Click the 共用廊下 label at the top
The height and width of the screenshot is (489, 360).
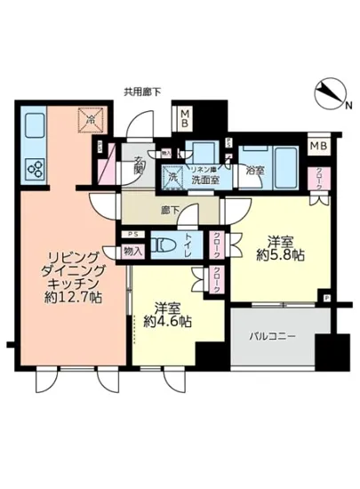141,91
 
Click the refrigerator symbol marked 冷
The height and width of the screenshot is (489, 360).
89,119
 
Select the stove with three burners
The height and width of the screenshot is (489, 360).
36,167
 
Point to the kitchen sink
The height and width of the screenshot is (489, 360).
35,125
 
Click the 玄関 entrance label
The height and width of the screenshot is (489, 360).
140,165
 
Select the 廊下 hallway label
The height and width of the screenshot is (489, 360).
169,211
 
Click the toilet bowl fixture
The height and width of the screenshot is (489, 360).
164,244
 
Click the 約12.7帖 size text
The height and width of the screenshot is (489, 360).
73,295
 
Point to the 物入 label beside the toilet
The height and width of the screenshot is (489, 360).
133,252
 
